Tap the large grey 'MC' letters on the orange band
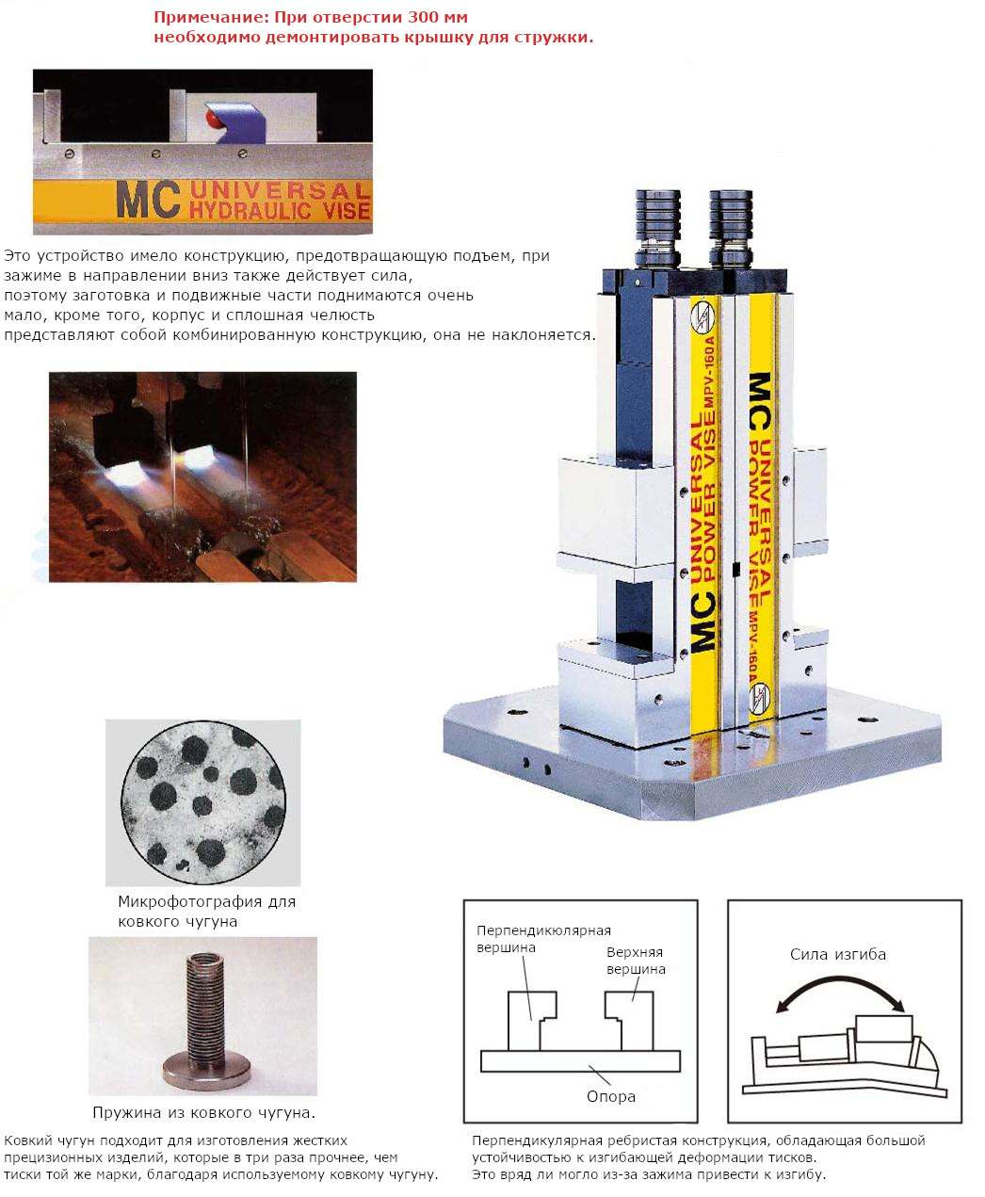(149, 200)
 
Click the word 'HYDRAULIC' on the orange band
(250, 211)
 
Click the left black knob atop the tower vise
(657, 228)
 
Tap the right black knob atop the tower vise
(732, 228)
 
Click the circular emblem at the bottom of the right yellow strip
(760, 698)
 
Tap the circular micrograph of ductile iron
(203, 802)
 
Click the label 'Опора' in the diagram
(610, 1096)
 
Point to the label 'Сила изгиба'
(837, 954)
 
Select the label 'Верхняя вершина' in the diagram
(636, 961)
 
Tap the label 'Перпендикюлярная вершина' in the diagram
(543, 939)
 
